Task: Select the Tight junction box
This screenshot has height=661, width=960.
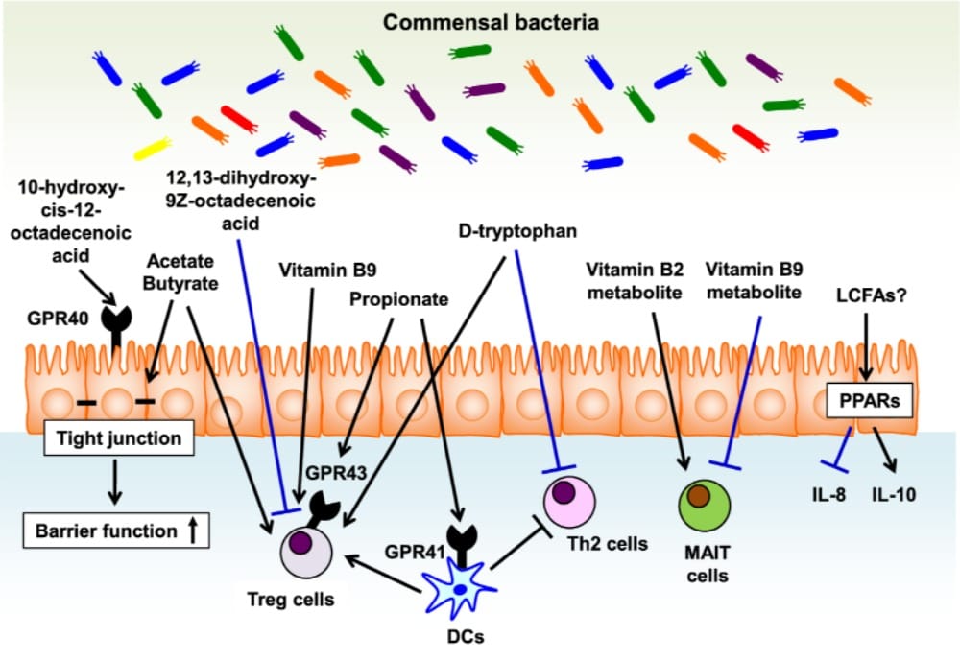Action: tap(114, 440)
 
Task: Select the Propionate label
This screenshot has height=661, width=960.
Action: tap(399, 299)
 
